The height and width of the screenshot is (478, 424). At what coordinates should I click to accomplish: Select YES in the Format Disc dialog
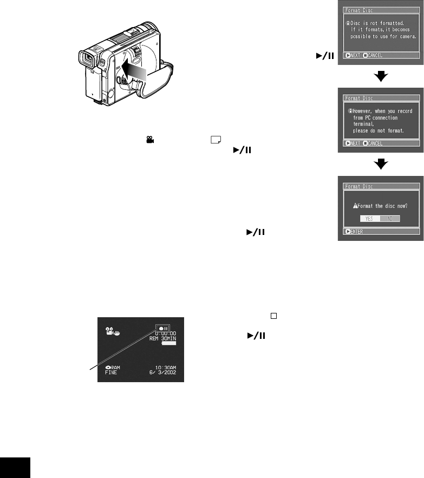point(368,218)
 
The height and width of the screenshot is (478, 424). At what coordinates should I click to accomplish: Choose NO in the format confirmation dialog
point(390,218)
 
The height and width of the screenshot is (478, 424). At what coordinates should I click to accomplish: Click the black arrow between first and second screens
point(382,76)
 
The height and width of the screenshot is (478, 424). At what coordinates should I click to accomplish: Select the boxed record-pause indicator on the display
point(162,328)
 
